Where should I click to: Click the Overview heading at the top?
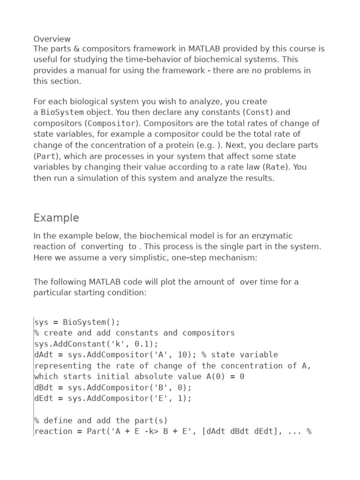pos(52,38)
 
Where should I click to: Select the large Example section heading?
pos(56,218)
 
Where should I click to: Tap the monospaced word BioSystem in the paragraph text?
pos(62,112)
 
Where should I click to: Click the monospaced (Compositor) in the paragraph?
pos(112,123)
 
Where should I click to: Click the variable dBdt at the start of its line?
pos(44,388)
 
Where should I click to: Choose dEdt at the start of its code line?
pos(44,398)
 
